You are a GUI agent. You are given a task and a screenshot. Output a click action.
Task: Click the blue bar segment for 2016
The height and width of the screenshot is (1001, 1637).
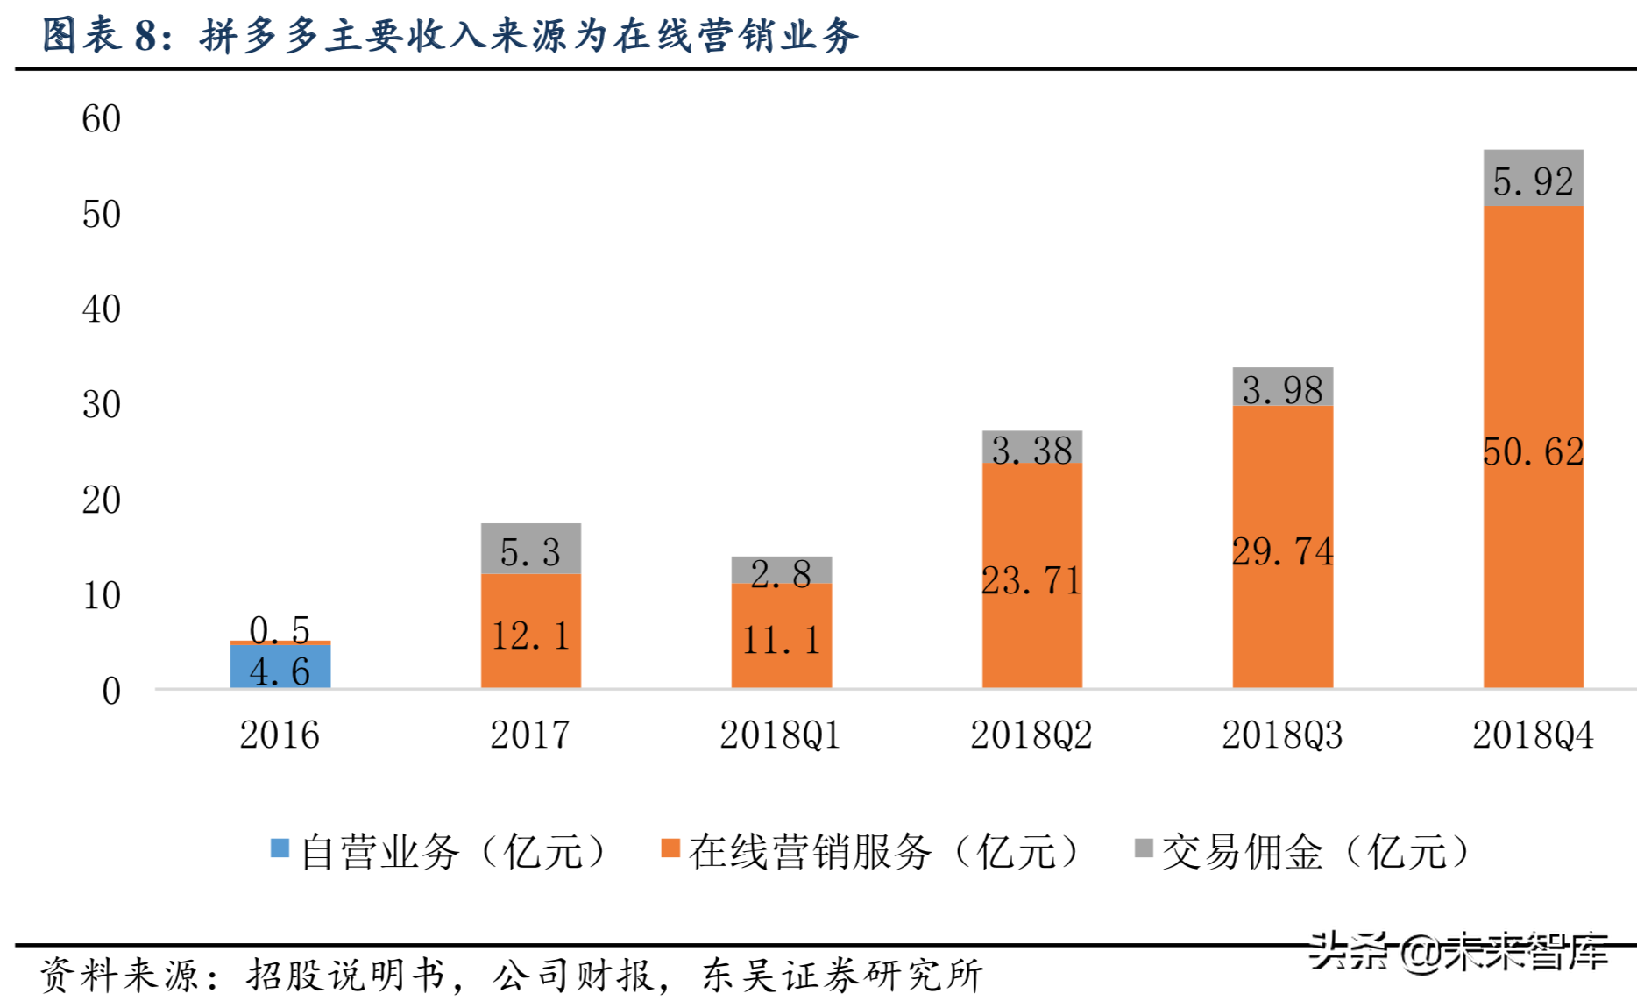coord(280,666)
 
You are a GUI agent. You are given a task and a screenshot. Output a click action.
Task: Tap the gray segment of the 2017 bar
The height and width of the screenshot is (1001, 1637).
coord(530,549)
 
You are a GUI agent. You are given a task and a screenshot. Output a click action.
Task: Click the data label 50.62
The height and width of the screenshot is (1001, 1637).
coord(1533,452)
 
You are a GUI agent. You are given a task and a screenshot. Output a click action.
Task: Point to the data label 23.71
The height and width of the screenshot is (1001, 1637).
coord(1031,581)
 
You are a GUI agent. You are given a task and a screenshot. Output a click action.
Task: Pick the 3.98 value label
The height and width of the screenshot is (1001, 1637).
coord(1282,390)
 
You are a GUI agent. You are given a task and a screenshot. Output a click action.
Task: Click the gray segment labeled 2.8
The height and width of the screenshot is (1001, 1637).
coord(781,571)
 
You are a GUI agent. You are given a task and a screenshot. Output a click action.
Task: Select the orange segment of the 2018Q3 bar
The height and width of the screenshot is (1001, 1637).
coord(1282,614)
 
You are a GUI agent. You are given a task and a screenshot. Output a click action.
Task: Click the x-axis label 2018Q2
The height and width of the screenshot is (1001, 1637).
coord(1031,735)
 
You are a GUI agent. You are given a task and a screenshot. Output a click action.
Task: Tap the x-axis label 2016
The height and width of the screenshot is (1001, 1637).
coord(280,735)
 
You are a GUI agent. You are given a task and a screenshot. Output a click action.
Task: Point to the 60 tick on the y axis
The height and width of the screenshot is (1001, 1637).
coord(101,119)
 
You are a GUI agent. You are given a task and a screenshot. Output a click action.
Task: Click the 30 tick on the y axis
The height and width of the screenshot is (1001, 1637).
coord(101,405)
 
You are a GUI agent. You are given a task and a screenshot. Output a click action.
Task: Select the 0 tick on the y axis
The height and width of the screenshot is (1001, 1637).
coord(111,692)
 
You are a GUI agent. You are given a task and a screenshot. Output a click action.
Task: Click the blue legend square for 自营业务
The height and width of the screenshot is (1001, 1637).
coord(280,848)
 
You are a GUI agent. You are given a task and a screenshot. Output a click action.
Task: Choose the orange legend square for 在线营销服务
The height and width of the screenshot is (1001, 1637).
coord(670,848)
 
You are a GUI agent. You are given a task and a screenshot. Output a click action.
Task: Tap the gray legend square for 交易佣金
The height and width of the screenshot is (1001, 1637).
coord(1144,848)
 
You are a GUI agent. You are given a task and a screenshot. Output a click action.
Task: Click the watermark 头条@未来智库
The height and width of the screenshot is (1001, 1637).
coord(1458,951)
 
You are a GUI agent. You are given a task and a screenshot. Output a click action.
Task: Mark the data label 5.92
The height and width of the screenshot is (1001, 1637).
coord(1533,181)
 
